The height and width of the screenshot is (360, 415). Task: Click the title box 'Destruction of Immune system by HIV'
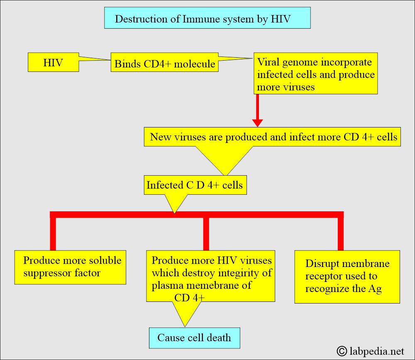point(207,18)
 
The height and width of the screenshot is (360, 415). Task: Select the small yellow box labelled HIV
point(53,62)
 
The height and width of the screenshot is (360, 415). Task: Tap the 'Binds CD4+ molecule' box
point(164,62)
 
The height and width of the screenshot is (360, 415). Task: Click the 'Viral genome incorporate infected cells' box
point(315,73)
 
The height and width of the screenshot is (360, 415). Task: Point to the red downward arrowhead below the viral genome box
point(258,123)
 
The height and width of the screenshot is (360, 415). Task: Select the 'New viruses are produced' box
point(272,137)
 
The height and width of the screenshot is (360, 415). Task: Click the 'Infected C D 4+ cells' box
point(195,185)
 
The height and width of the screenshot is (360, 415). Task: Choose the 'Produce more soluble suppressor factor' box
point(70,267)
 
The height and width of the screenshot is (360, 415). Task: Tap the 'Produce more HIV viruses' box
point(211,276)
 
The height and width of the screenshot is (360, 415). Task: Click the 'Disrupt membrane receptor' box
point(347,277)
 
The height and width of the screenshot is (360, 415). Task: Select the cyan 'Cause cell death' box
point(195,338)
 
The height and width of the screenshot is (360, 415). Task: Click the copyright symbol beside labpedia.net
point(342,351)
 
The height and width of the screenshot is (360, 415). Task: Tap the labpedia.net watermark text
point(377,351)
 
